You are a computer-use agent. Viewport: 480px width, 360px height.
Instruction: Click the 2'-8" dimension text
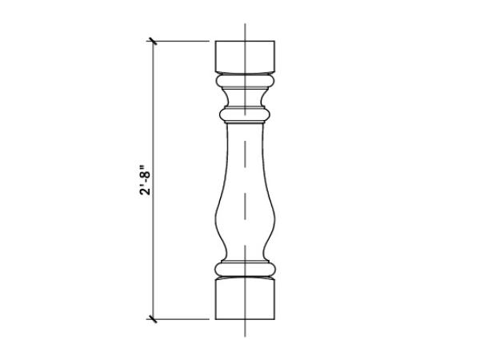145,180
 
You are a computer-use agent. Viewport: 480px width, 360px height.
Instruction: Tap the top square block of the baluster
245,56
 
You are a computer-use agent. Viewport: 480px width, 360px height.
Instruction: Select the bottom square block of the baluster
245,299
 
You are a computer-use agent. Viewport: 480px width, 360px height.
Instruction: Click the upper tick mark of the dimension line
152,41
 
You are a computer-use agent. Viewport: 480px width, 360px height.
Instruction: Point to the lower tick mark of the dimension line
152,319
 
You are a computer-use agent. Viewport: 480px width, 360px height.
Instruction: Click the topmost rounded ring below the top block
245,81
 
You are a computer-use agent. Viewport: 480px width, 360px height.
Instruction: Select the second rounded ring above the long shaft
245,114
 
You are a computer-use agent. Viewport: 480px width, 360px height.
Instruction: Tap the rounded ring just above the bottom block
245,269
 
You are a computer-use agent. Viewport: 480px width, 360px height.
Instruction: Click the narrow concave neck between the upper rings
245,98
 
